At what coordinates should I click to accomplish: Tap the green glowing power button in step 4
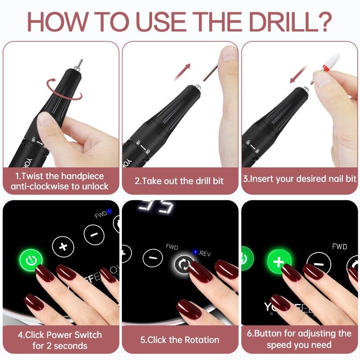[31, 260]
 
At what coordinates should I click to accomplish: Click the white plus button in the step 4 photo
[63, 246]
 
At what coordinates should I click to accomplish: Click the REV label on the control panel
[205, 253]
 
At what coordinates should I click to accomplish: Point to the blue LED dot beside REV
[195, 252]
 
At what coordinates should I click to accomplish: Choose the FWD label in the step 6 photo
[339, 247]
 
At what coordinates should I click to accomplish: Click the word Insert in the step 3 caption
[262, 179]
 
